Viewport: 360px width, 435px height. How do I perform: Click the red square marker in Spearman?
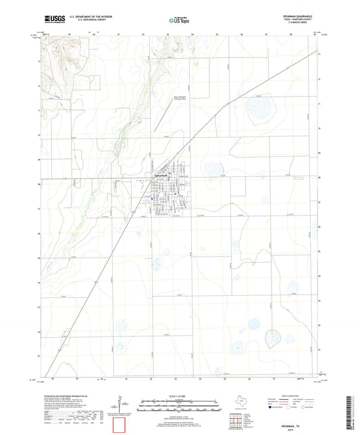pos(175,197)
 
